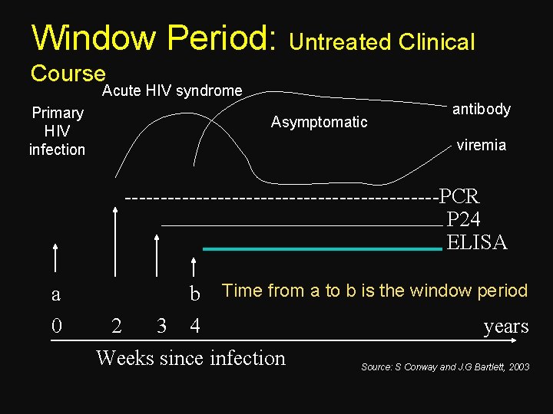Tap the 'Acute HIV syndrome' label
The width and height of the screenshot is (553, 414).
click(172, 91)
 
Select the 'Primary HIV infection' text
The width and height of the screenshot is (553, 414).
click(58, 131)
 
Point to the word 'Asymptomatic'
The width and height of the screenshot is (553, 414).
click(320, 122)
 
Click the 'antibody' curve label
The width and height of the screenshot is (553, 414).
click(481, 109)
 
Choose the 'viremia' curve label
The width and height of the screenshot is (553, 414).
click(481, 145)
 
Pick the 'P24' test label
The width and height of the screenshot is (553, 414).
click(463, 219)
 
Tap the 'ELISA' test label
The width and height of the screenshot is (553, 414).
click(476, 243)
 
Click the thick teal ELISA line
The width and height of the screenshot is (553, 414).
click(323, 248)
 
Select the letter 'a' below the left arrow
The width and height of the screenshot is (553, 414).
click(55, 294)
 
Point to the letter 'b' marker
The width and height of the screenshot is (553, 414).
click(195, 294)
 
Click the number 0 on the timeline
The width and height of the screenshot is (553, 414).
click(55, 327)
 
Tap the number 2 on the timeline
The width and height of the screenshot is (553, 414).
click(116, 327)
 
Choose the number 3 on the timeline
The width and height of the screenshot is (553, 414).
click(161, 327)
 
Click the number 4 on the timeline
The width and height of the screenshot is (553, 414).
click(195, 327)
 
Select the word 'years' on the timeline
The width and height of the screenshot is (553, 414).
click(505, 327)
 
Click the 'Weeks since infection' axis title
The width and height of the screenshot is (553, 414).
click(190, 358)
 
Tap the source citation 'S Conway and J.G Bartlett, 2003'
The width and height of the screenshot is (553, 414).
click(445, 367)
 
